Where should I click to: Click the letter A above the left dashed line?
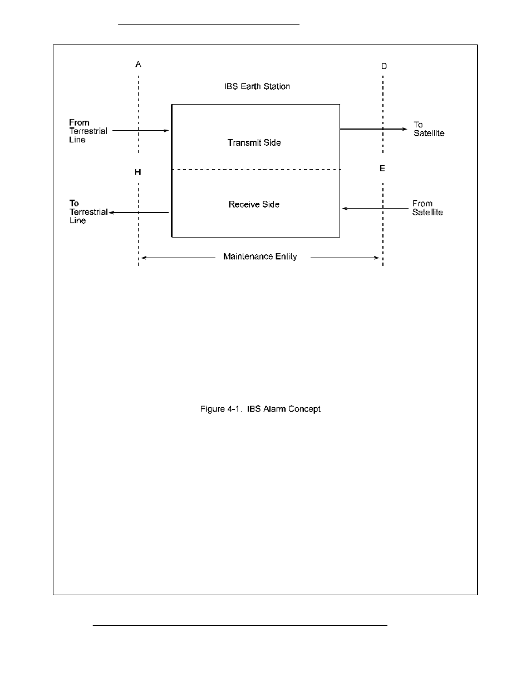139,65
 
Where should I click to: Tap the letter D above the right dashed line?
383,66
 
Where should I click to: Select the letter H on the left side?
138,172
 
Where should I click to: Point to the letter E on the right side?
382,168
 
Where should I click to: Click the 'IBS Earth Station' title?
257,86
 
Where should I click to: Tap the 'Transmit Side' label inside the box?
254,142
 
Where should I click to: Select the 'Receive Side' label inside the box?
254,204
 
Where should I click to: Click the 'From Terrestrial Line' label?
88,131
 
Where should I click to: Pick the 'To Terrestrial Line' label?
88,212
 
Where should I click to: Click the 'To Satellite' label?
429,129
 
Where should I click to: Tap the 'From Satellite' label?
427,208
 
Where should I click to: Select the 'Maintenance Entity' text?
260,256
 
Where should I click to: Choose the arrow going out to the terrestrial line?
139,212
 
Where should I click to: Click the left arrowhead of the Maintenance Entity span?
144,258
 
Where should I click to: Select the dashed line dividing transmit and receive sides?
255,169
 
